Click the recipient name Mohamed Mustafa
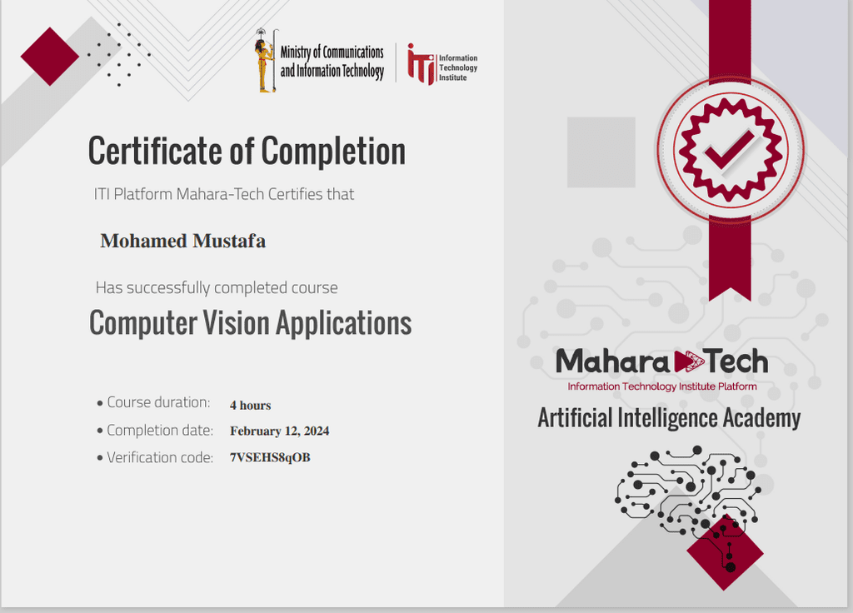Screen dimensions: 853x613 (182, 241)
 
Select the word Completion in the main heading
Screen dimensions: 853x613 (333, 152)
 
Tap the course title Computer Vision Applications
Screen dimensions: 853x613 (250, 323)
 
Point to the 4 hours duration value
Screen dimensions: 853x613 (250, 406)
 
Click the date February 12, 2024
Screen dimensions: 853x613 (279, 431)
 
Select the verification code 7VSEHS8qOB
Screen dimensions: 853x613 (270, 457)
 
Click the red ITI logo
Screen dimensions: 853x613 (422, 64)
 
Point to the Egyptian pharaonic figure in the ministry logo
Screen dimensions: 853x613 (265, 61)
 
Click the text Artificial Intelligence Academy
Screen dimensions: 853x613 (669, 418)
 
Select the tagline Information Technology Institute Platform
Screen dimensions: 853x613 (662, 386)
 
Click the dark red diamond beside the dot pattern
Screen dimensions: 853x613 (50, 57)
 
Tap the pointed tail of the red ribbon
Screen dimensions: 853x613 (730, 294)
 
